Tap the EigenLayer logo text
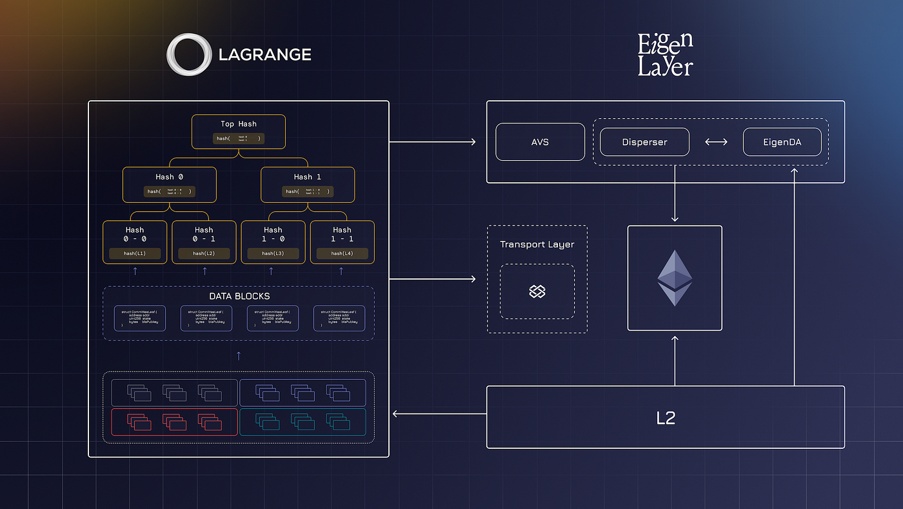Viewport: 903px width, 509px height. (x=665, y=55)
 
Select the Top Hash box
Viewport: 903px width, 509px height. (x=239, y=132)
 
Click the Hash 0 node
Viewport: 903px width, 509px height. (x=169, y=185)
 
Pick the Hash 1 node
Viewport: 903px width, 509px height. (x=308, y=185)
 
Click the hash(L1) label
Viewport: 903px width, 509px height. (x=135, y=254)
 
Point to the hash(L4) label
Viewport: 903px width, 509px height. (x=342, y=254)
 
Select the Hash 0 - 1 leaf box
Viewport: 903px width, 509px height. (x=204, y=242)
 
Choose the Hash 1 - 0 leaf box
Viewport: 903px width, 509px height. (x=273, y=242)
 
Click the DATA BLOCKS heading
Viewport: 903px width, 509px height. (x=239, y=296)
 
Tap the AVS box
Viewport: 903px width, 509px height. (x=540, y=142)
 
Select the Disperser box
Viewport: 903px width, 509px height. (x=644, y=142)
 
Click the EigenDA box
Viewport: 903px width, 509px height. (x=782, y=142)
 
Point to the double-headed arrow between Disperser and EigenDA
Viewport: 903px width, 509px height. (x=716, y=142)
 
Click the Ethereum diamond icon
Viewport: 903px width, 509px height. (x=675, y=278)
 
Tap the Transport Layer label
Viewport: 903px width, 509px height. (x=537, y=244)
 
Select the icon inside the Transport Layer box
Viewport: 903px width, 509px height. (x=537, y=292)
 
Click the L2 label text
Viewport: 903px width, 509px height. (x=665, y=418)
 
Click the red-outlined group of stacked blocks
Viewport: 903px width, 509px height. (x=174, y=422)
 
